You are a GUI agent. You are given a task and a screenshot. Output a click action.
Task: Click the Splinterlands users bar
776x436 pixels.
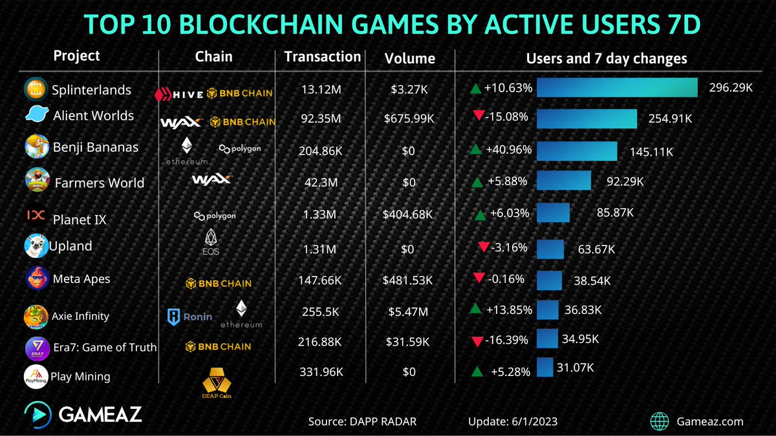pyautogui.click(x=616, y=87)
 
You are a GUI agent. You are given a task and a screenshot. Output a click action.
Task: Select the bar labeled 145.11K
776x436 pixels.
pyautogui.click(x=576, y=151)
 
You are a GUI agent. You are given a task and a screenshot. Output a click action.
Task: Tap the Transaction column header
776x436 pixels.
pyautogui.click(x=322, y=57)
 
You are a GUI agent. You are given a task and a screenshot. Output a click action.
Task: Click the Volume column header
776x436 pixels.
pyautogui.click(x=409, y=59)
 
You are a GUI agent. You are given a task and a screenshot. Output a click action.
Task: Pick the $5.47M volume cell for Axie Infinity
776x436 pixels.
pyautogui.click(x=409, y=311)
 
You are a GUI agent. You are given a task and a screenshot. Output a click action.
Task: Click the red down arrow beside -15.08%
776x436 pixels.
pyautogui.click(x=479, y=116)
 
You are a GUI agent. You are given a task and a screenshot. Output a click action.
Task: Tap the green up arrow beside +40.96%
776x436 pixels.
pyautogui.click(x=475, y=150)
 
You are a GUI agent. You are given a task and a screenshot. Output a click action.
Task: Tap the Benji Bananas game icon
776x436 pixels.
pyautogui.click(x=36, y=147)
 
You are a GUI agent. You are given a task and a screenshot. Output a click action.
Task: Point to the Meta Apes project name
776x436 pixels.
pyautogui.click(x=81, y=279)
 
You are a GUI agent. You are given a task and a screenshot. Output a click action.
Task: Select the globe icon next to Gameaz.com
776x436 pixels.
pyautogui.click(x=660, y=421)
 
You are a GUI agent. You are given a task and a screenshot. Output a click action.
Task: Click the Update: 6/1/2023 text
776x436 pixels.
pyautogui.click(x=513, y=422)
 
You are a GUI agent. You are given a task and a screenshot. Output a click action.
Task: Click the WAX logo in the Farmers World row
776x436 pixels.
pyautogui.click(x=211, y=180)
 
